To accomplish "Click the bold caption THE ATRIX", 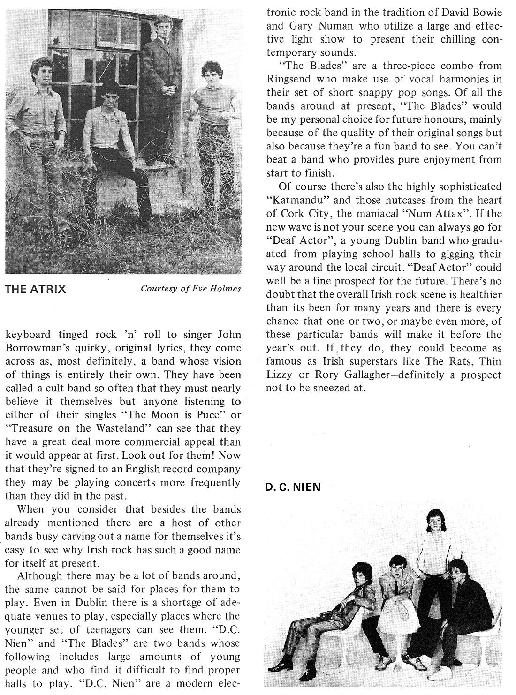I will (x=35, y=289).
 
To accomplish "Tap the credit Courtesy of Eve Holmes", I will (x=191, y=289).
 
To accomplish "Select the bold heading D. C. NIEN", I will (x=293, y=487).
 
